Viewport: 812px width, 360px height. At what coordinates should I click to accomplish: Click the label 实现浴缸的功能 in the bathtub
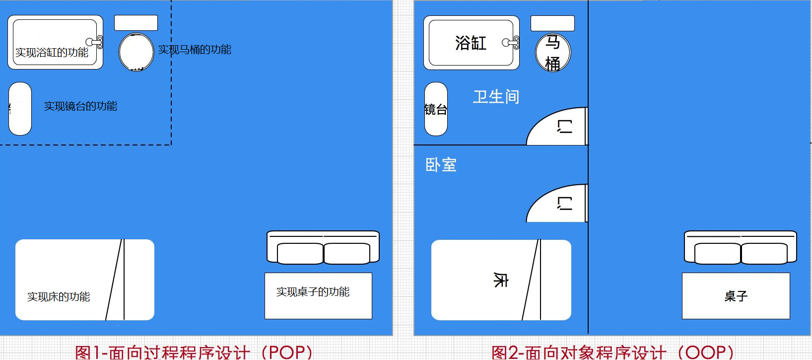52,53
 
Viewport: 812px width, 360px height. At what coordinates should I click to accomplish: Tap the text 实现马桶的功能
195,50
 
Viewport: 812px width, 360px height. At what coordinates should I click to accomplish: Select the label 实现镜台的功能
80,106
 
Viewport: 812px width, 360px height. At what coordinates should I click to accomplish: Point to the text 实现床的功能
59,297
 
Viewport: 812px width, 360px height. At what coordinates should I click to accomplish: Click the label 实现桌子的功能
313,292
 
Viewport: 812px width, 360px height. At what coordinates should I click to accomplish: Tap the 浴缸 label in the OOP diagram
471,43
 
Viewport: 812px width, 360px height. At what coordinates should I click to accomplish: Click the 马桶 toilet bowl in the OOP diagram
553,53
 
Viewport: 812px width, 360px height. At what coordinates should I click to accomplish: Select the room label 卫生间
496,97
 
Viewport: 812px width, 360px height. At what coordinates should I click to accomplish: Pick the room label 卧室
441,165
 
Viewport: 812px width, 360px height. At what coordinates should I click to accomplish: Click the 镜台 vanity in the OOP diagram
436,109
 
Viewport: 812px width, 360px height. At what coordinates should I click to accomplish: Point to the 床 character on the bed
500,280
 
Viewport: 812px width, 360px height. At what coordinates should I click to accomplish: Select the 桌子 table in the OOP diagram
736,296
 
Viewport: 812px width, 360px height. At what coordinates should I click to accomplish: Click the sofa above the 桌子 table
741,247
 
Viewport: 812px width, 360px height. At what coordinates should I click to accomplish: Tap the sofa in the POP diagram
323,247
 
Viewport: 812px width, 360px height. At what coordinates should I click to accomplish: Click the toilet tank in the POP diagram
136,23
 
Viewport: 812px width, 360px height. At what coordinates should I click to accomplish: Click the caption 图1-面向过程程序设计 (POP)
194,352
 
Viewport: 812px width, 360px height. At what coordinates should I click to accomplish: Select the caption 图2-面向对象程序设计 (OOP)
612,352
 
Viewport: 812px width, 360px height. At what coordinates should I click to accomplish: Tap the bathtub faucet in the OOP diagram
512,43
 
